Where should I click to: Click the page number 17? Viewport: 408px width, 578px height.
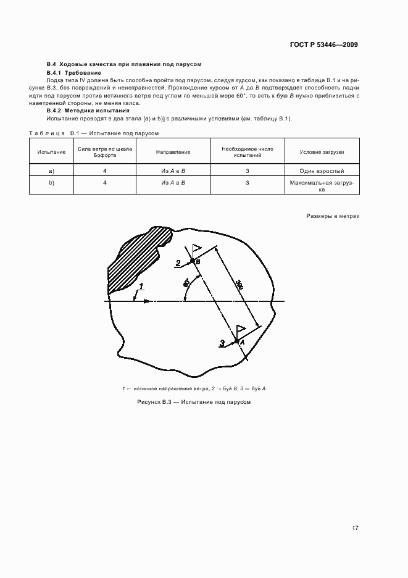[355, 528]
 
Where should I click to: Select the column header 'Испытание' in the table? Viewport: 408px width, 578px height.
[51, 151]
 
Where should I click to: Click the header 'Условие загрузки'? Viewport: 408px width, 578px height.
[322, 151]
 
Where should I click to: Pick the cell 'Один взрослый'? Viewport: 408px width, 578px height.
[322, 170]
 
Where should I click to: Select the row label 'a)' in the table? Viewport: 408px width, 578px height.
[51, 170]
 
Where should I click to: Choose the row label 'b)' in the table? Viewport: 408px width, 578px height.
[51, 183]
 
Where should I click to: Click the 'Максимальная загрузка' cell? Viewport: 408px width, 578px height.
[322, 186]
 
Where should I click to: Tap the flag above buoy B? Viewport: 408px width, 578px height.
[197, 249]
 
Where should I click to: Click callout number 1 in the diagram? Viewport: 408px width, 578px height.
[141, 285]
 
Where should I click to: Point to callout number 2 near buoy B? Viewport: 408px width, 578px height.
[178, 263]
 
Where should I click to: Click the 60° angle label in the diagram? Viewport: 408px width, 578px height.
[186, 283]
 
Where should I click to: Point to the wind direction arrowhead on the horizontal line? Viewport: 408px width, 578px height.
[146, 301]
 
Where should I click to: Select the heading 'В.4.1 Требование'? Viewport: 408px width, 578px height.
[70, 73]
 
